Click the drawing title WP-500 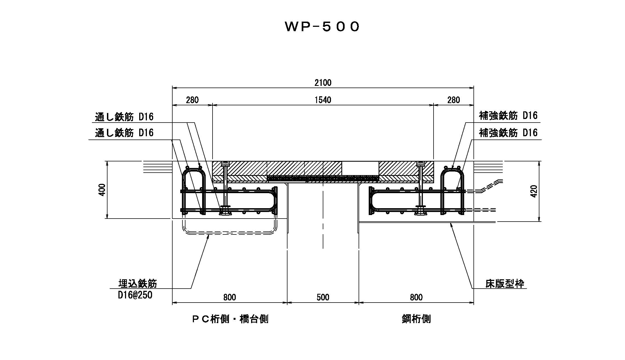(322, 27)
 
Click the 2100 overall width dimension (323, 82)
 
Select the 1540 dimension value (323, 100)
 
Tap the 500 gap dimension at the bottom (323, 297)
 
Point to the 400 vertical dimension (102, 190)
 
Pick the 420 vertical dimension (534, 191)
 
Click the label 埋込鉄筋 (138, 283)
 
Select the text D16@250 (135, 295)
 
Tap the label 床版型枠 (505, 284)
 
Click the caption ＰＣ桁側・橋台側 (230, 319)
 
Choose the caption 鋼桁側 (416, 319)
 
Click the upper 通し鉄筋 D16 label (124, 117)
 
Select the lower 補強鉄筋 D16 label (508, 133)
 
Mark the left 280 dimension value (192, 100)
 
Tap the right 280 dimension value (454, 100)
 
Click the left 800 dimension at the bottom (229, 297)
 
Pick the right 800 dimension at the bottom (416, 297)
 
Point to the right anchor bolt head (420, 164)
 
